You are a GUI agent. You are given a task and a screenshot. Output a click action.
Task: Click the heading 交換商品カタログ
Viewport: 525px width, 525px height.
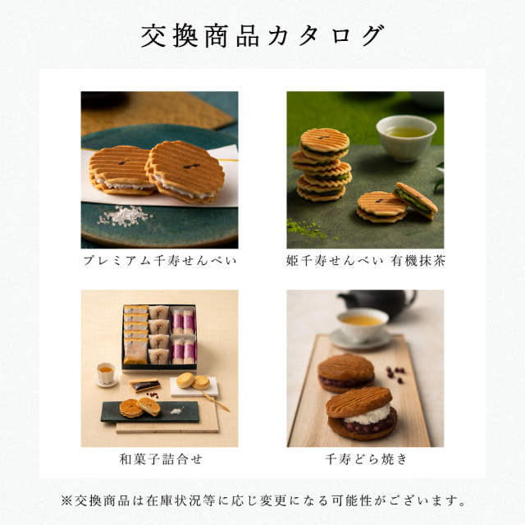pos(262,36)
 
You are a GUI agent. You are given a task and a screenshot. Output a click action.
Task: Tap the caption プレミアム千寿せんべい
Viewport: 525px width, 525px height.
pos(159,262)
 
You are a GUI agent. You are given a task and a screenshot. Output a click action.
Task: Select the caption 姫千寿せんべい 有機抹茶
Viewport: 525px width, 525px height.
pos(365,262)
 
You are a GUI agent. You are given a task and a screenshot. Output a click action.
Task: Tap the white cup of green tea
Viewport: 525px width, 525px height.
pos(405,135)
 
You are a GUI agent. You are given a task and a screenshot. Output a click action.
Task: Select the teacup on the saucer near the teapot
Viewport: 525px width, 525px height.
pos(361,326)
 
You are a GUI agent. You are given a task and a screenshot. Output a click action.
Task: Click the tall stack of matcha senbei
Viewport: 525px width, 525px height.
pos(321,164)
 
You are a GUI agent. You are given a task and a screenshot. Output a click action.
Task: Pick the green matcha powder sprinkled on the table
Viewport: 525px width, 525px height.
pos(307,227)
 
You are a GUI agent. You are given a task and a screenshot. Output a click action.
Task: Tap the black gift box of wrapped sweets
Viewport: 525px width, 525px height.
pos(159,336)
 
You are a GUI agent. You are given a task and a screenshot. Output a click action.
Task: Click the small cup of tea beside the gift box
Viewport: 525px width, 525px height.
pos(105,374)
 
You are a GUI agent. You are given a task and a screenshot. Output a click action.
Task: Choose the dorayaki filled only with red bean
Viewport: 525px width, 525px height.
pos(345,370)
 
